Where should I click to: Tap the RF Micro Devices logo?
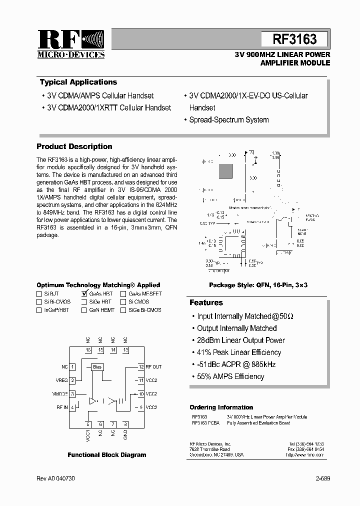[70, 44]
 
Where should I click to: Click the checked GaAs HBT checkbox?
[83, 294]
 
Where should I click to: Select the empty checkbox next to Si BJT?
[39, 294]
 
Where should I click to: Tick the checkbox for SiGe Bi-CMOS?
[123, 310]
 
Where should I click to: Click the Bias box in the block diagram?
[97, 367]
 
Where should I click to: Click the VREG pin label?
[62, 380]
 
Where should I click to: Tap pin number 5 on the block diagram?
[88, 424]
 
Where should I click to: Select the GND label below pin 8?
[125, 434]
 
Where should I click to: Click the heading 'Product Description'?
[74, 146]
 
